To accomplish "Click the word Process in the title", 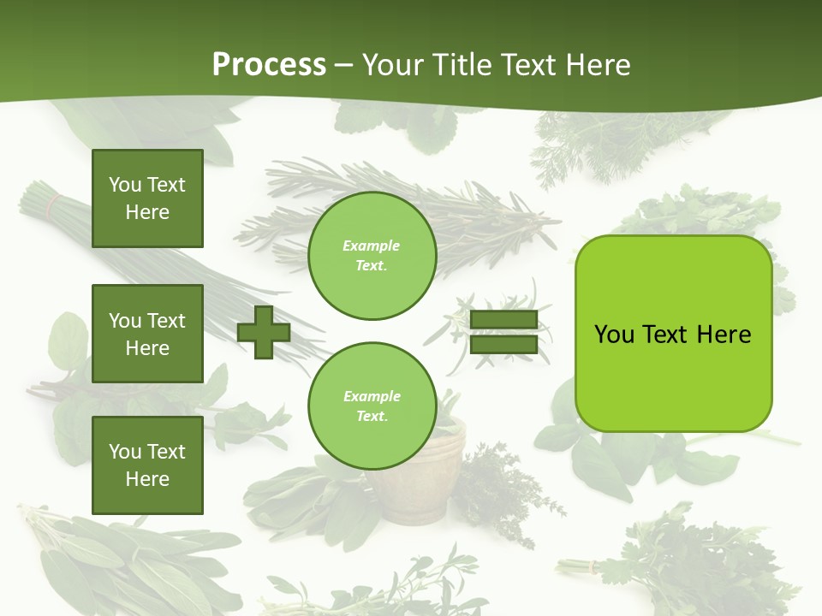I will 269,65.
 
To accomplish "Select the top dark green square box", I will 147,198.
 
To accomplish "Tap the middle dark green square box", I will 147,334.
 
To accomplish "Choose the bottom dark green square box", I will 147,465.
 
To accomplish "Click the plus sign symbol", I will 264,332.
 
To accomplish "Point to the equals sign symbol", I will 503,332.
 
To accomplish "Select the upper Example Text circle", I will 372,256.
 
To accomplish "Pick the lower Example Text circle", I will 372,406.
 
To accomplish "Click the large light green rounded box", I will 673,334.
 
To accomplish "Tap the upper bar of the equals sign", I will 503,320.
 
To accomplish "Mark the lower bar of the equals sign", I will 503,344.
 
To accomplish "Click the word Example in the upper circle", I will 372,246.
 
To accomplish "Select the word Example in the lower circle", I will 372,396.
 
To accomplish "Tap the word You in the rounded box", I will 614,335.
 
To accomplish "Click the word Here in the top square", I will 147,212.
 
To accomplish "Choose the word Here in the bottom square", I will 147,479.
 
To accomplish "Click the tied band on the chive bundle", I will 54,205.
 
